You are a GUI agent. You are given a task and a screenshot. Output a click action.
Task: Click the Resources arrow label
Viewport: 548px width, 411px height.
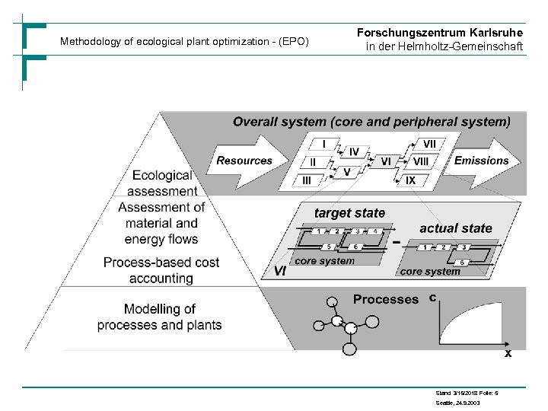(x=244, y=161)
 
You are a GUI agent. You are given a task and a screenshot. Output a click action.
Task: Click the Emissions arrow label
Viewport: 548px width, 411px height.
(x=481, y=161)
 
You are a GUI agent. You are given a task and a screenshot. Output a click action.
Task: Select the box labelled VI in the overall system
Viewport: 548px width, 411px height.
(x=386, y=162)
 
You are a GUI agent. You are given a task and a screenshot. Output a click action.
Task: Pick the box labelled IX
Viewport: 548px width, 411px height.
(x=410, y=180)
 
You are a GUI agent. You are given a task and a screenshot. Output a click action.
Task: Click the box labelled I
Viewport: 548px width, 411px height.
(x=325, y=143)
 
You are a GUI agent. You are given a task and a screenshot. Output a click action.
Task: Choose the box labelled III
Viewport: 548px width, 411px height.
(x=306, y=180)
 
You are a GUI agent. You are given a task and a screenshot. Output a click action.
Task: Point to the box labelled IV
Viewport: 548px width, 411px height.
(x=354, y=152)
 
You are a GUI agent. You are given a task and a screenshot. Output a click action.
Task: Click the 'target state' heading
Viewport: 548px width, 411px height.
(x=350, y=213)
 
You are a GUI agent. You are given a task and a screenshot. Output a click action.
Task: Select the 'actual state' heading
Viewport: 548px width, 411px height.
(x=456, y=228)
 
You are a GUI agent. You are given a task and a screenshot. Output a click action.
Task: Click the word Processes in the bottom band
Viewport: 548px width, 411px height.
(x=385, y=299)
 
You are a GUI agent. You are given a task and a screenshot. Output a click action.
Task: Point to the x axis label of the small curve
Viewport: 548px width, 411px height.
(x=508, y=354)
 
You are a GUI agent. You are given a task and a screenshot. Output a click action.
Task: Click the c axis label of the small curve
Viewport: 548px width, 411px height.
(x=432, y=298)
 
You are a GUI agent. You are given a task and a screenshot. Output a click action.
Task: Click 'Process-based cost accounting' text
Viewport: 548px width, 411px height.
(x=161, y=270)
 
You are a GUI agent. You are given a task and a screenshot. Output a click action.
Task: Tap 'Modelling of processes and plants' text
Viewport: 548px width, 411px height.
(x=160, y=317)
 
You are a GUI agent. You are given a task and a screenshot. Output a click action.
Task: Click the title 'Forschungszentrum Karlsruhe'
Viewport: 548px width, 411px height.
(x=440, y=33)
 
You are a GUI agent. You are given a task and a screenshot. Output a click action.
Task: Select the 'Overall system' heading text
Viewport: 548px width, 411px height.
(x=371, y=121)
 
